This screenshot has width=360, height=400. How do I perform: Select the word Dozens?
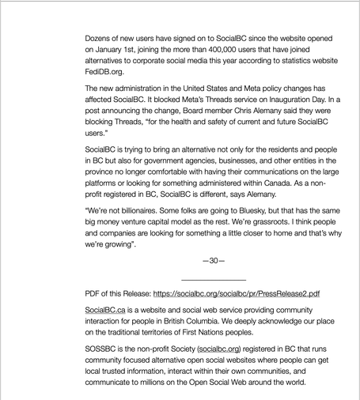tap(104, 37)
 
